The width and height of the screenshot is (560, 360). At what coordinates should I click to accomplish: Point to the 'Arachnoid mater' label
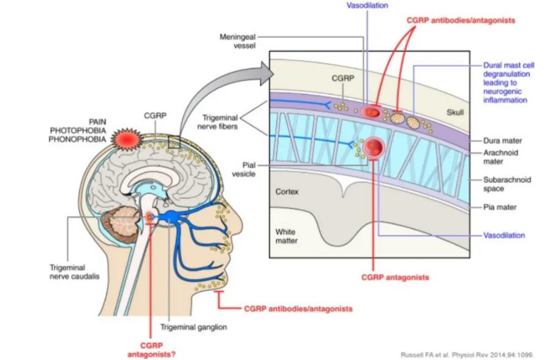[x=500, y=157]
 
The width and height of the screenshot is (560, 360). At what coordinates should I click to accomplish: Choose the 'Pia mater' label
[x=499, y=207]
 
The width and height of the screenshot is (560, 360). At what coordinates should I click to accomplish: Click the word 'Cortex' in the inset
[x=287, y=191]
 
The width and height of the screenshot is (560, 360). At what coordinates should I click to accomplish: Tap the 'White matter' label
[x=286, y=236]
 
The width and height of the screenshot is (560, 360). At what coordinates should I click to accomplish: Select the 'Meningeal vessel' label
[x=238, y=41]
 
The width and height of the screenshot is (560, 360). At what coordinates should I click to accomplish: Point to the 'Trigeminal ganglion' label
[x=193, y=327]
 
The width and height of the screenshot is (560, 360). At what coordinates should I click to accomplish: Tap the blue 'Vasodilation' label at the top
[x=367, y=5]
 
